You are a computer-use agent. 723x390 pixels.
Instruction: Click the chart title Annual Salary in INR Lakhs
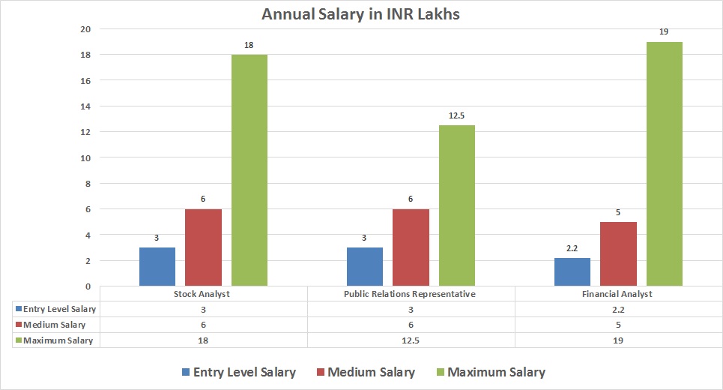[x=361, y=13]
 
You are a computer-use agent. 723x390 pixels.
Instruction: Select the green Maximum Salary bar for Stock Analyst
[x=249, y=170]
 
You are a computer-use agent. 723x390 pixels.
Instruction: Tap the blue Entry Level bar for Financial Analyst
[x=572, y=272]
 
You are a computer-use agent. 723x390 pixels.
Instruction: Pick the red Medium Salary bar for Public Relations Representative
[x=411, y=247]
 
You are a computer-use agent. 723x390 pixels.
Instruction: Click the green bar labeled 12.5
[x=456, y=205]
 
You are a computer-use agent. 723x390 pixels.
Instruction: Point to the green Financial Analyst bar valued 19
[x=664, y=163]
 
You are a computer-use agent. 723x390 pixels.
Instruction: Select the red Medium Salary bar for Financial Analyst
[x=618, y=253]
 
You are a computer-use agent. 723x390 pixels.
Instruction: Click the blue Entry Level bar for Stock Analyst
[x=157, y=267]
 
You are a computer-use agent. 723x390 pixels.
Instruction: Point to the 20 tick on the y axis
[x=85, y=29]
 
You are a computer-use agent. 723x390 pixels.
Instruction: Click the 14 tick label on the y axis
[x=85, y=106]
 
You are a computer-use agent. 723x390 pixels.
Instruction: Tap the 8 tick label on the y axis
[x=87, y=184]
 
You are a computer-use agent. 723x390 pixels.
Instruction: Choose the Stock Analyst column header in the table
[x=203, y=294]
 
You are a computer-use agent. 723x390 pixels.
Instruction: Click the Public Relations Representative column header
[x=411, y=294]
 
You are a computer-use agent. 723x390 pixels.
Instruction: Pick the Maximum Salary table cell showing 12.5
[x=411, y=340]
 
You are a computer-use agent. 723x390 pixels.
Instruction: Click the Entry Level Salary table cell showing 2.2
[x=617, y=309]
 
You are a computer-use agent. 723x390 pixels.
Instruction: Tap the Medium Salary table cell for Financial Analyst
[x=617, y=325]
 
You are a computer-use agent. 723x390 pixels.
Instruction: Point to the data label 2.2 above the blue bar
[x=572, y=248]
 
